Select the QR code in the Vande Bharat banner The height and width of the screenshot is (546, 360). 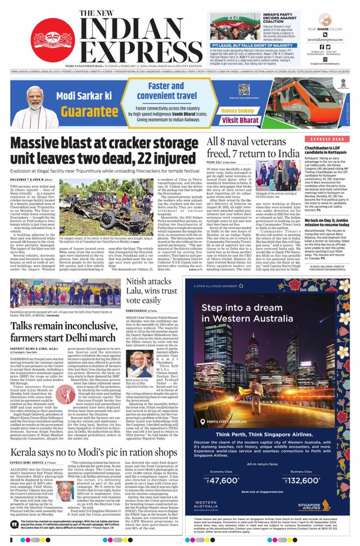coord(243,89)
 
